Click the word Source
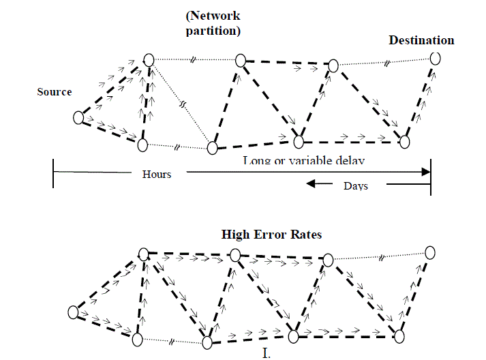55,92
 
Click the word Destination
421,40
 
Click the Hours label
157,175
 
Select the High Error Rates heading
271,235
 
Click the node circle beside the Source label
78,118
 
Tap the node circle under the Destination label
435,59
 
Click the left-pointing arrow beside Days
320,183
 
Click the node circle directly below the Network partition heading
240,61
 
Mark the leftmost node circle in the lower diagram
74,312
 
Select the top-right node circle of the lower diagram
429,252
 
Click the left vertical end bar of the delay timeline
53,173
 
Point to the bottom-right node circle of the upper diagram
405,142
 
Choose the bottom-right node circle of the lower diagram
399,335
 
